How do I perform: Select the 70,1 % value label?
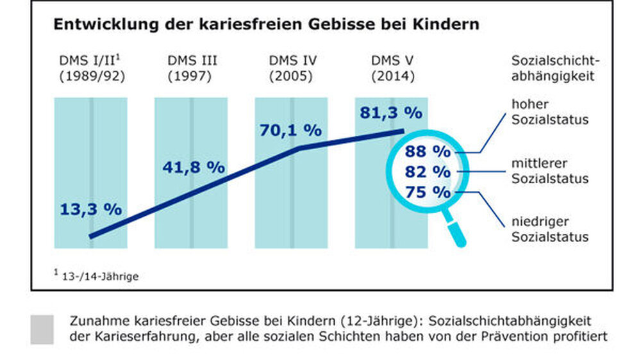tap(290, 130)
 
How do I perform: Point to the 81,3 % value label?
tap(391, 113)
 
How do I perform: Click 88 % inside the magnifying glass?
tap(428, 152)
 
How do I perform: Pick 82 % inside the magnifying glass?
tap(428, 172)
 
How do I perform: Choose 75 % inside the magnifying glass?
tap(428, 192)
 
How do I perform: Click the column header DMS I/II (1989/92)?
tap(90, 69)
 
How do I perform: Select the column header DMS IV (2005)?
tap(292, 69)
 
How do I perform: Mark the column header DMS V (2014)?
tap(393, 69)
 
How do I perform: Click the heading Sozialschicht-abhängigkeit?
tap(555, 69)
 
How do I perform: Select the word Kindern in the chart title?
tap(448, 25)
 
